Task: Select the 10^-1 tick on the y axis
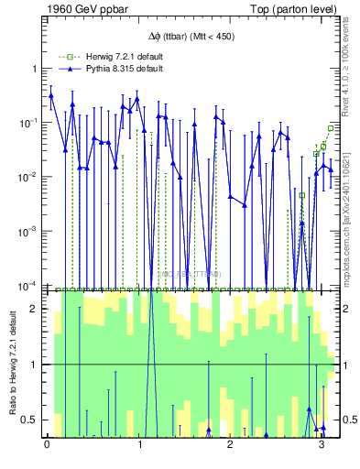pos(32,123)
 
